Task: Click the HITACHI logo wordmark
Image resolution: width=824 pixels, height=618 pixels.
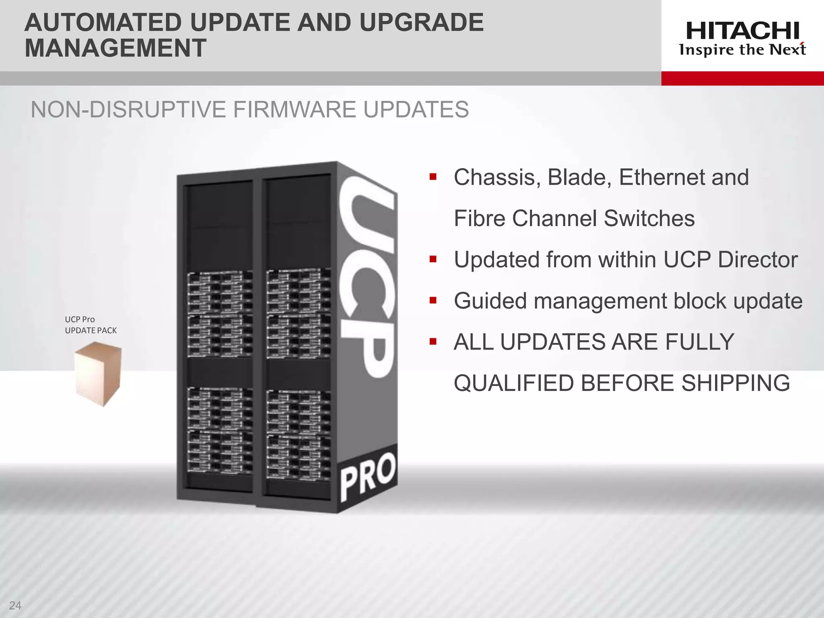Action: click(742, 31)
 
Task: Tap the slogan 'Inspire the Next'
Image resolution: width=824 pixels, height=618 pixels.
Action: click(742, 50)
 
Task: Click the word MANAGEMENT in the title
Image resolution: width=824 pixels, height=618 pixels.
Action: click(115, 48)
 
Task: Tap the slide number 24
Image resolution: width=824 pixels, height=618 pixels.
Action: click(15, 605)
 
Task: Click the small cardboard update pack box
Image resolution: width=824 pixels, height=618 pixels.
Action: click(98, 373)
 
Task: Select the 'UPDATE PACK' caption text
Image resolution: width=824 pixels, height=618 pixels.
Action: click(91, 330)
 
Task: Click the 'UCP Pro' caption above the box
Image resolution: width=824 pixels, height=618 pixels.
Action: click(80, 319)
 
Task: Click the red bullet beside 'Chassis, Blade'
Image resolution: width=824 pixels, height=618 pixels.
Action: click(433, 177)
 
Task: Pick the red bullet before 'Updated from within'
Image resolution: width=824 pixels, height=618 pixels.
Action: click(433, 259)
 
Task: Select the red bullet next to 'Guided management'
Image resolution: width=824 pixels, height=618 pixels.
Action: click(433, 300)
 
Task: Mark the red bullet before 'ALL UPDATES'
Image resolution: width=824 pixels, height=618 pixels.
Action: click(433, 342)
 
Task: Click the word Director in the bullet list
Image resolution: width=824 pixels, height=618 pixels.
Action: click(758, 260)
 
